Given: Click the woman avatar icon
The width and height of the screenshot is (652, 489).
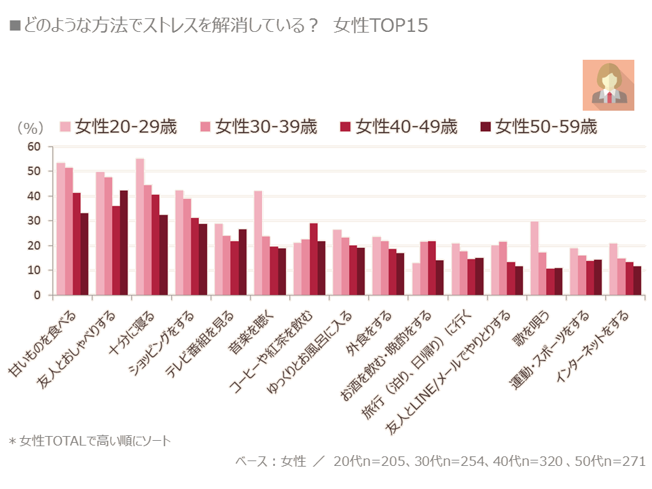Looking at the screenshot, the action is click(608, 86).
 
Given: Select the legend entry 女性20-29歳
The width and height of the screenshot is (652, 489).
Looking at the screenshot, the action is click(118, 127).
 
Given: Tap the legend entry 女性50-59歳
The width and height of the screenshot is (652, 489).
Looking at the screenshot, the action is click(539, 127).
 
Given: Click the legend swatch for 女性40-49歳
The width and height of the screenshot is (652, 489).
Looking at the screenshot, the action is click(345, 127).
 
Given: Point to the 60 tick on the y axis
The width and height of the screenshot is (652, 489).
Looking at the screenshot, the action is click(34, 147).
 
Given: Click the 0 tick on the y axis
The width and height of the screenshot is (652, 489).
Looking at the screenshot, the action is click(37, 295).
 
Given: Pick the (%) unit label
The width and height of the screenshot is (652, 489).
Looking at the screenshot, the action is click(30, 128).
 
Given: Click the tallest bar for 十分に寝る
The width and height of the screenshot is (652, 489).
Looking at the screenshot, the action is click(140, 227).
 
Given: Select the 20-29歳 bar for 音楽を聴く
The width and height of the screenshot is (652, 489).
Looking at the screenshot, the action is click(258, 243).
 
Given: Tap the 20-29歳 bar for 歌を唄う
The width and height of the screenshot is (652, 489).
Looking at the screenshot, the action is click(535, 258).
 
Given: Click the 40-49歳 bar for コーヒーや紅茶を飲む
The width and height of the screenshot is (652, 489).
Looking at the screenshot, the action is click(314, 259).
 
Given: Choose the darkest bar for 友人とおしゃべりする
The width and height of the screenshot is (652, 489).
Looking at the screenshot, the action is click(124, 243).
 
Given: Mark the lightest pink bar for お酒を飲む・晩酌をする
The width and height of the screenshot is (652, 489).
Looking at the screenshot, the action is click(416, 279).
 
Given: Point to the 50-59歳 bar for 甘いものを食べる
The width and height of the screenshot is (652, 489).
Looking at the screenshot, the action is click(84, 254).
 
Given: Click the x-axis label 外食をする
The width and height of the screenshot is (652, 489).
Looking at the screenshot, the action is click(368, 333).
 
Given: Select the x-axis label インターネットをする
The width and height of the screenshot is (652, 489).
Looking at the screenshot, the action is click(592, 346).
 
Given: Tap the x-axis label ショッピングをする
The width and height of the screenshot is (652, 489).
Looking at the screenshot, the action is click(162, 343).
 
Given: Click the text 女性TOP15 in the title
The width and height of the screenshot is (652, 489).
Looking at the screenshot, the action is click(380, 25).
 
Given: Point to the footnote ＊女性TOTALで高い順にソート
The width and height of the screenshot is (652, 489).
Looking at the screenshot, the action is click(90, 441).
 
